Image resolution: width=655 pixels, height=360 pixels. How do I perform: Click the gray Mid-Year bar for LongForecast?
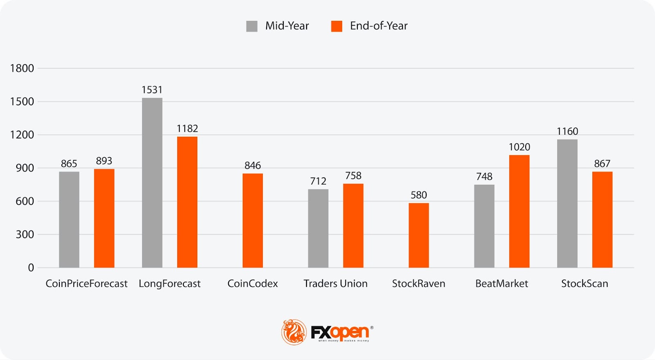point(152,183)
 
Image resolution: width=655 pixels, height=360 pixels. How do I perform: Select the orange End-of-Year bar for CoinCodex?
point(253,220)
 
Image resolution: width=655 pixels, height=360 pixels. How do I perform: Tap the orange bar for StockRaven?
point(418,235)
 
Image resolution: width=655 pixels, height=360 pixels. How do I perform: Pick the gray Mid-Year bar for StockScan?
point(567,203)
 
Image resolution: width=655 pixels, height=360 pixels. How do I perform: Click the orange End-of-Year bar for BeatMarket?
point(519,211)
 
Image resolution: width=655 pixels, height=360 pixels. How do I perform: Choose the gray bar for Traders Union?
point(318,228)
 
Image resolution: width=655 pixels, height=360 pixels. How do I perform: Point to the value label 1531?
point(152,90)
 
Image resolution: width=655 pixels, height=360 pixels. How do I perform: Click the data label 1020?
point(519,147)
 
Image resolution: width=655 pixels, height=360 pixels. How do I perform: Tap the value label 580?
point(418,195)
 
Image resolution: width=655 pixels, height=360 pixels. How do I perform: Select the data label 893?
point(104,161)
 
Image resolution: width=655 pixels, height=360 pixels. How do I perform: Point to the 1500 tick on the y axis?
point(22,102)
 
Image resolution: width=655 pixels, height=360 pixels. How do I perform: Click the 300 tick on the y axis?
point(25,234)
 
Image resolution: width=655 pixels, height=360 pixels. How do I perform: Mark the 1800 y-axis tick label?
point(22,68)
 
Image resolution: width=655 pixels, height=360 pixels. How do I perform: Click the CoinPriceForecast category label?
point(86,283)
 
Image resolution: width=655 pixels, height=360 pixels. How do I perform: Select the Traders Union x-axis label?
point(335,283)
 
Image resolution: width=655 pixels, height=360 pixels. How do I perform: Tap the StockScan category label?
point(584,283)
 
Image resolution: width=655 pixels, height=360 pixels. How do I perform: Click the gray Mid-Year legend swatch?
point(252,26)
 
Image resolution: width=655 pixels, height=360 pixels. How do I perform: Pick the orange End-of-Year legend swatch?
point(337,26)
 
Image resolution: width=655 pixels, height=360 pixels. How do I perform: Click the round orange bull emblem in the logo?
point(294,332)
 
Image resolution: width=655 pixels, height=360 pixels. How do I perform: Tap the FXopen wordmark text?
point(340,332)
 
